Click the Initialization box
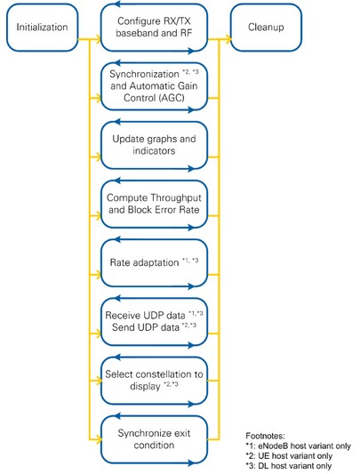[x=42, y=28]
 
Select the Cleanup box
[x=266, y=28]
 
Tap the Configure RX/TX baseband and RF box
[x=154, y=28]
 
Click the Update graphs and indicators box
[x=154, y=145]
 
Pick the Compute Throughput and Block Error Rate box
[x=154, y=204]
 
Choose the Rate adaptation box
[x=154, y=262]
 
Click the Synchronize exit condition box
[x=154, y=439]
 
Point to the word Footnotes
[x=265, y=436]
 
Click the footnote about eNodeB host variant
[x=298, y=446]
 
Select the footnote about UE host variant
[x=289, y=456]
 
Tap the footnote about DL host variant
[x=289, y=466]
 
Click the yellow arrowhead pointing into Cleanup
[x=228, y=39]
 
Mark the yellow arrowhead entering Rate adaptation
[x=97, y=275]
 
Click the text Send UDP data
[x=146, y=327]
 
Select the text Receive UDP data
[x=145, y=316]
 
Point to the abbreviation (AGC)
[x=174, y=98]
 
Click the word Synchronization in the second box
[x=144, y=74]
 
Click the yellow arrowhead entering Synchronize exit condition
[x=97, y=440]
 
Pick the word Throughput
[x=176, y=198]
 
